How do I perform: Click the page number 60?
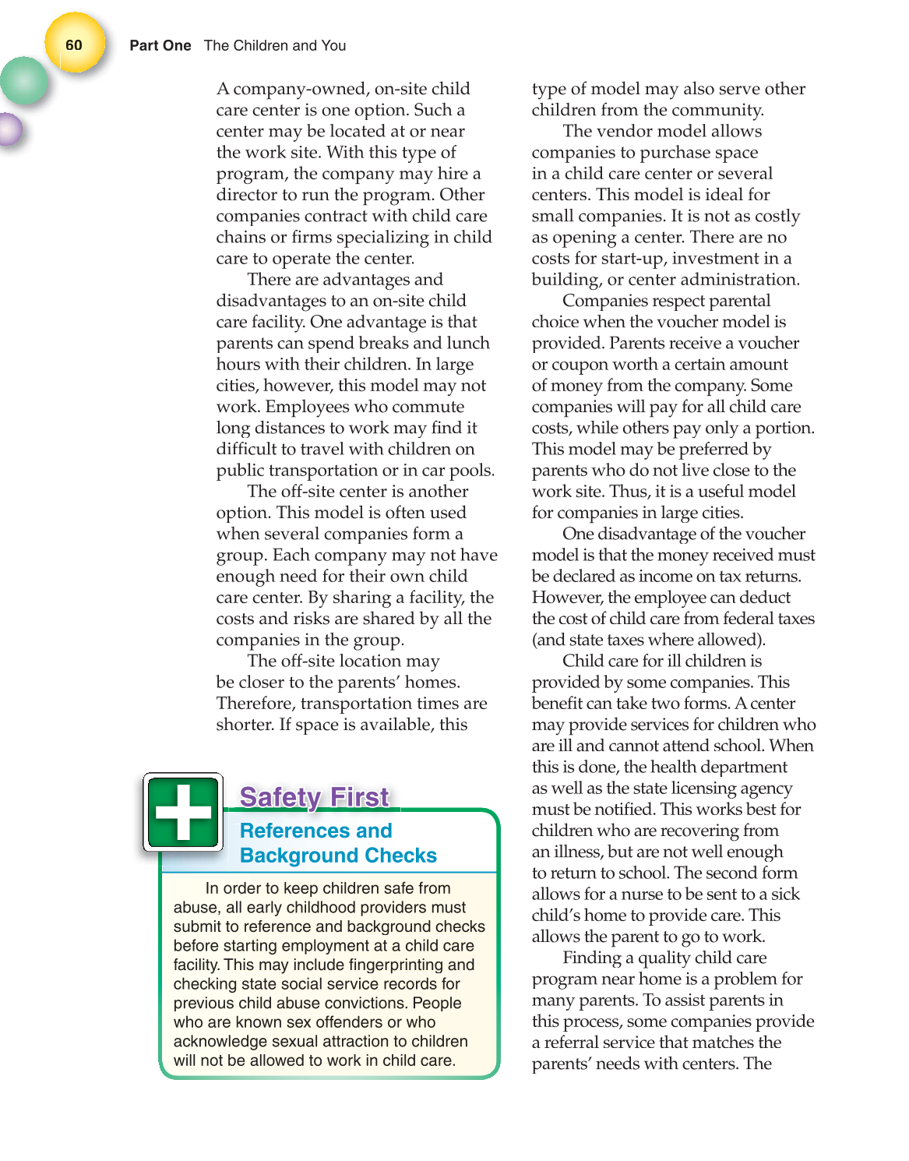[74, 45]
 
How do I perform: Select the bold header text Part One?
[160, 46]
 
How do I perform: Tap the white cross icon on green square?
[183, 812]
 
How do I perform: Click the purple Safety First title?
[314, 797]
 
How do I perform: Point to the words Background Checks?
[338, 856]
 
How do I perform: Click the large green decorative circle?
[23, 81]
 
